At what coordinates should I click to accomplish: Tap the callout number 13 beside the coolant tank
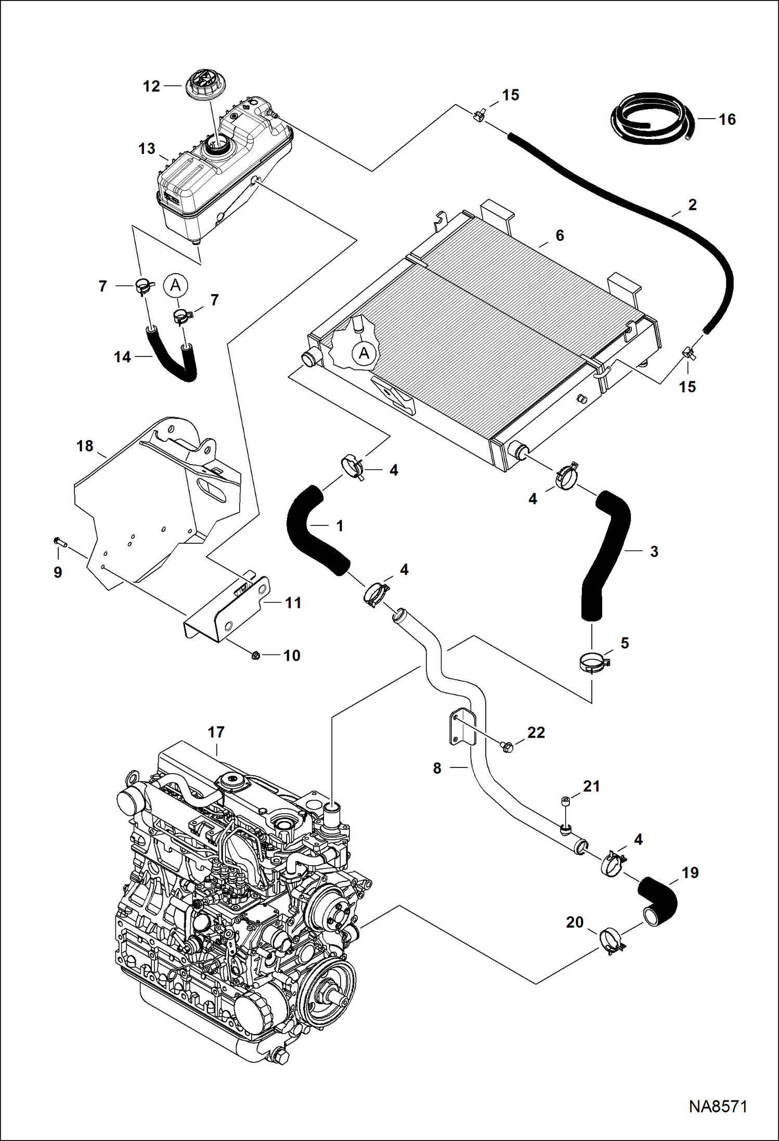click(147, 149)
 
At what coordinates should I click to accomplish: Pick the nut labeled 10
click(255, 656)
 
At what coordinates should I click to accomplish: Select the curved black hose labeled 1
click(312, 531)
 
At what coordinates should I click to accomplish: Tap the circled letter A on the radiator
click(363, 354)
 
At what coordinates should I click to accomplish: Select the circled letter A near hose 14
click(176, 285)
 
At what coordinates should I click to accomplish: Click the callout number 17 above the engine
click(216, 732)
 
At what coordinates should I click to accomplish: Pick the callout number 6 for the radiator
click(560, 236)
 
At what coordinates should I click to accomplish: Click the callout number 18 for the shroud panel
click(85, 446)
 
